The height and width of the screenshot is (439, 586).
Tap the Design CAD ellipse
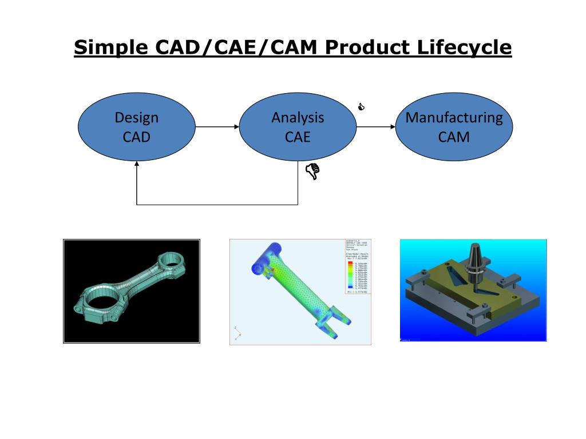[137, 127]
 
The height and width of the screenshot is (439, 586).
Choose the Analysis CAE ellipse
[298, 127]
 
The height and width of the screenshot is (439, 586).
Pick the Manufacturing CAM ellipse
[454, 127]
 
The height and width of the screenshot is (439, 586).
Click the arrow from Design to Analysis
[217, 127]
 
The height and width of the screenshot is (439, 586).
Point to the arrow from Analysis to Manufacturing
[376, 127]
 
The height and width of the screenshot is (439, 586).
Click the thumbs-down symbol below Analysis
[312, 171]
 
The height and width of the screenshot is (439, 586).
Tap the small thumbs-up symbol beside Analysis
[361, 107]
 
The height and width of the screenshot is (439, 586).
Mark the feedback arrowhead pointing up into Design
[137, 164]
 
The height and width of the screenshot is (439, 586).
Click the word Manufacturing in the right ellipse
[454, 118]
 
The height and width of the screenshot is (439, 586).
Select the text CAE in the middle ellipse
[298, 137]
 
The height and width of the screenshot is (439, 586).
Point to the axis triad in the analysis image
[236, 332]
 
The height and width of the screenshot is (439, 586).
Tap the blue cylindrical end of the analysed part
[264, 257]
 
